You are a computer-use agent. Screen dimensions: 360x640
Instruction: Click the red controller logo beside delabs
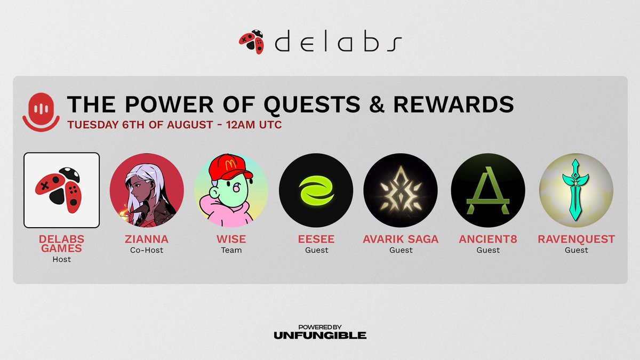pos(251,43)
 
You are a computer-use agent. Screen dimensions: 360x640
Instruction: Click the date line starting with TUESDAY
pos(174,125)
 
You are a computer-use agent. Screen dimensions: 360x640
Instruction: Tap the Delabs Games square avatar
pos(62,190)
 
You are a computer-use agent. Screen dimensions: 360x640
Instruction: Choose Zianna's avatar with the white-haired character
pos(147,190)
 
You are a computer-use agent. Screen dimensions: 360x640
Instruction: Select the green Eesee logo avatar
pos(316,190)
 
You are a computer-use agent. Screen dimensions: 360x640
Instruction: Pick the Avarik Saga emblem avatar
pos(401,190)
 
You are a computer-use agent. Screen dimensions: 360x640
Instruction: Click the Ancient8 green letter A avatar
pos(488,190)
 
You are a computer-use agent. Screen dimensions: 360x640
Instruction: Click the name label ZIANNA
pos(147,239)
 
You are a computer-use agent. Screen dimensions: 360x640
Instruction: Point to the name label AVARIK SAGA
pos(401,239)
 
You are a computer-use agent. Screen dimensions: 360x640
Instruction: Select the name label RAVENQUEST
pos(577,239)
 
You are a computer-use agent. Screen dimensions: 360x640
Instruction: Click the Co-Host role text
pos(147,250)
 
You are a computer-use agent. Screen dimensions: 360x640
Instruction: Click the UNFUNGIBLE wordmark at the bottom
pos(320,335)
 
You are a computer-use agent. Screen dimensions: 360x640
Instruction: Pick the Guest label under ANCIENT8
pos(488,250)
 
